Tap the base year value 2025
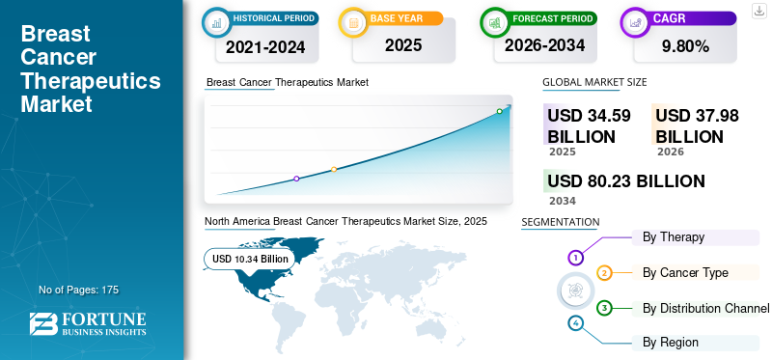396,45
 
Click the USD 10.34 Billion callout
250,259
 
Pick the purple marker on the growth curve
296,179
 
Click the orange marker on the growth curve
334,170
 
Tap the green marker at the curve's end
499,112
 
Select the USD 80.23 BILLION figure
626,181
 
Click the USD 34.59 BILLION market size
589,125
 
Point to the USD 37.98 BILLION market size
697,125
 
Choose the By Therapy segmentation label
673,236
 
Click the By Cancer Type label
685,272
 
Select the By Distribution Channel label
705,308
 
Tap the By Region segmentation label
671,342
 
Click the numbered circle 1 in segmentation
576,257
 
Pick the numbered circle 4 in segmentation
576,323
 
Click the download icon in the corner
758,10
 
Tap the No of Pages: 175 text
78,290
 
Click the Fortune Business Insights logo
88,323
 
